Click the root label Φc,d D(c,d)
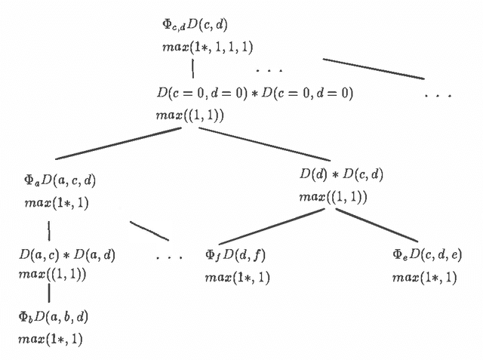[x=195, y=26]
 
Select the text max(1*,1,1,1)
[x=199, y=47]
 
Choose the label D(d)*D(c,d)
[x=342, y=175]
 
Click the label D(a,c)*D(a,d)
[x=67, y=254]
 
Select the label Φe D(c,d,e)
[x=427, y=254]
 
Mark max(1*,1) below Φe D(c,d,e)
[x=423, y=277]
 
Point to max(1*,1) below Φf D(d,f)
[x=236, y=277]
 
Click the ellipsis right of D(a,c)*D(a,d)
[x=170, y=257]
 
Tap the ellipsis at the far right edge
[x=438, y=96]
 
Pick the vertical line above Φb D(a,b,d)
[x=49, y=293]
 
